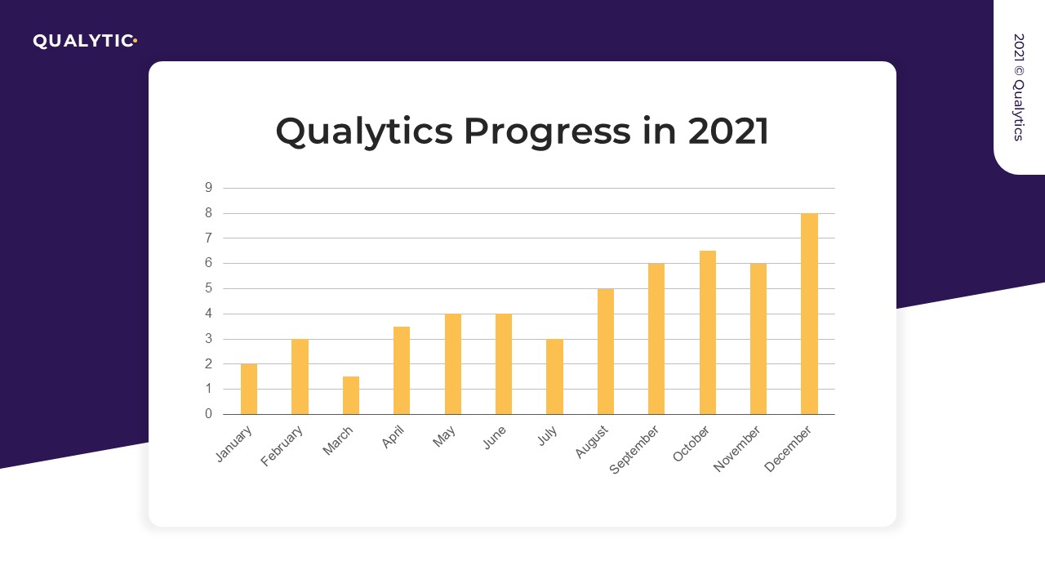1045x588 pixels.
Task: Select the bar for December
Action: tap(809, 314)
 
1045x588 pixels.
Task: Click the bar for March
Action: tap(351, 395)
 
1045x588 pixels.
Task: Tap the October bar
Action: tap(708, 332)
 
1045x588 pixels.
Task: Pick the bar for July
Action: tap(554, 376)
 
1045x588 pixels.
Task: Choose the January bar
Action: tap(249, 389)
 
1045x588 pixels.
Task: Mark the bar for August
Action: tap(606, 351)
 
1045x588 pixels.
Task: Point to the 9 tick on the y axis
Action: tap(208, 188)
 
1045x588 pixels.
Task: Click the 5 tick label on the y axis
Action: tap(208, 288)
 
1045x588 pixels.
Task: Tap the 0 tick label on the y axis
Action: tap(208, 414)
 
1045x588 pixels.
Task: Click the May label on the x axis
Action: tap(445, 439)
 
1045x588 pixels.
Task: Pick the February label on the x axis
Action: tap(282, 447)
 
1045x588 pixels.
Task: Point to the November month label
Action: tap(738, 449)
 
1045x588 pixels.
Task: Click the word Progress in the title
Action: tap(547, 131)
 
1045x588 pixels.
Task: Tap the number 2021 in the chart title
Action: tap(728, 131)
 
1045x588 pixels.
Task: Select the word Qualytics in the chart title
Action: tap(364, 131)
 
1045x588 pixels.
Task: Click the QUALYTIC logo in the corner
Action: tap(82, 41)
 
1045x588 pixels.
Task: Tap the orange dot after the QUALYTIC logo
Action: tap(135, 40)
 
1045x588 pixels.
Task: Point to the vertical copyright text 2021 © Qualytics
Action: tap(1018, 87)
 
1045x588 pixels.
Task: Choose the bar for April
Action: tap(402, 370)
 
